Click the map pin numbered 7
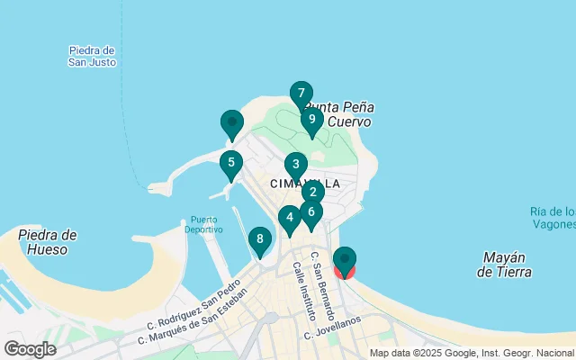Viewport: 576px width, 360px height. (301, 93)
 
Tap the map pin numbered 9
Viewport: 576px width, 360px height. (311, 119)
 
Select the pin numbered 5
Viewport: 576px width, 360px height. (231, 163)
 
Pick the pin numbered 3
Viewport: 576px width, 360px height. (295, 165)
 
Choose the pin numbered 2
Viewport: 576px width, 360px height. (312, 192)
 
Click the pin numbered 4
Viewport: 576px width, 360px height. (288, 217)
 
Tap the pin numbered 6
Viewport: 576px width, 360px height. (310, 212)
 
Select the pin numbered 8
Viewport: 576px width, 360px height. (259, 239)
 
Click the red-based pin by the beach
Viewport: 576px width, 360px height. (345, 261)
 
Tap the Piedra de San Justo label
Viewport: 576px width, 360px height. (92, 56)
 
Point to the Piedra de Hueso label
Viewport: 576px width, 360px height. (48, 242)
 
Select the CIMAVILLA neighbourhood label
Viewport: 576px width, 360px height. (305, 184)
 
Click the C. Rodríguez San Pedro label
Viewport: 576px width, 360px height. (194, 310)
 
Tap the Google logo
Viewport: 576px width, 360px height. (30, 348)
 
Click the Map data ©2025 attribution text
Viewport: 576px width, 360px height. (471, 353)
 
